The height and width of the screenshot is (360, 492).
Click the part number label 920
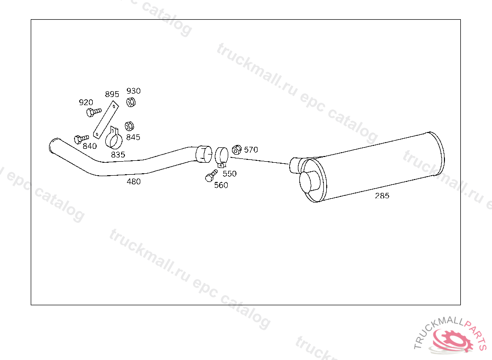86,102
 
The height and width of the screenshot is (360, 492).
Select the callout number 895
112,94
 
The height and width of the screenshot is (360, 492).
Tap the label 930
134,91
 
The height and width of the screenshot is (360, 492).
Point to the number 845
133,137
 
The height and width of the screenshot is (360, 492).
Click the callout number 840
89,146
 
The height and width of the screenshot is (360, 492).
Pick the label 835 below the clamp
118,155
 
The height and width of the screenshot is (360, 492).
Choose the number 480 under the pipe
134,181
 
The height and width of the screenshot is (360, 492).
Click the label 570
251,150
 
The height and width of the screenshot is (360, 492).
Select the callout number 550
229,173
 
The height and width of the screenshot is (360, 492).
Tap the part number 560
221,185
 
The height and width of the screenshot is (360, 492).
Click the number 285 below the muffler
382,195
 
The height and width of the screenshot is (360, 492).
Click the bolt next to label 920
93,112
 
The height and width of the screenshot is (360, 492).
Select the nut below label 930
130,102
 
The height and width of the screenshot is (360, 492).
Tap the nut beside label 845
129,126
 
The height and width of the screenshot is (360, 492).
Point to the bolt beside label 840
80,139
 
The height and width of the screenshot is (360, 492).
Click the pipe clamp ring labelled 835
114,140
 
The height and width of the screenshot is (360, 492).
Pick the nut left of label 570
236,149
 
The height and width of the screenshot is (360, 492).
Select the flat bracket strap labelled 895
105,120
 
